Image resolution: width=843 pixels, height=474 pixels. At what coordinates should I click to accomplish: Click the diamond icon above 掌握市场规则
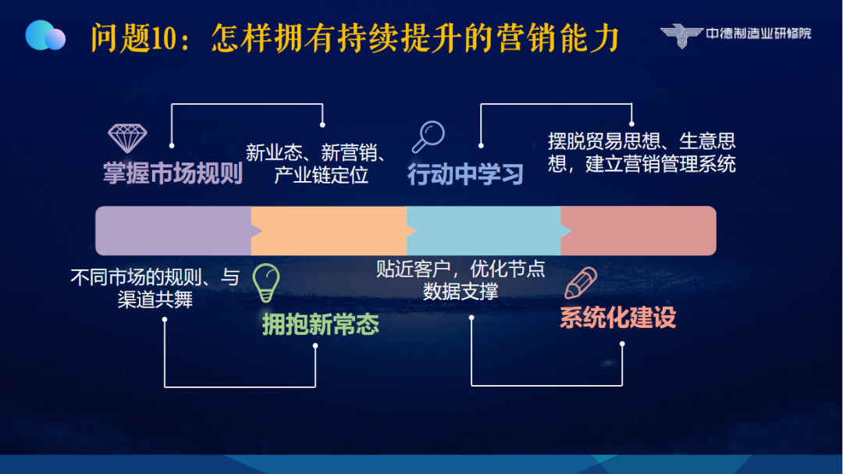coord(127,138)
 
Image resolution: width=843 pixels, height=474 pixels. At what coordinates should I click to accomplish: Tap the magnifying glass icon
coord(429,137)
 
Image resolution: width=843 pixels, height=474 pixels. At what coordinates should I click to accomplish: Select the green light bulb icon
coord(266,283)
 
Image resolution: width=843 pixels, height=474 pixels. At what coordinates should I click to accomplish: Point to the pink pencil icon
coord(581,283)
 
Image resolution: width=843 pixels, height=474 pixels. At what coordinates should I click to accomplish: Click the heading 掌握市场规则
coord(173,173)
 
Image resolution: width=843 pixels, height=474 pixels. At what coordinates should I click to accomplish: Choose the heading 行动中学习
coord(465,174)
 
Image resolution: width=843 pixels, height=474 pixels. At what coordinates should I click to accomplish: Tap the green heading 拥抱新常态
coord(321,324)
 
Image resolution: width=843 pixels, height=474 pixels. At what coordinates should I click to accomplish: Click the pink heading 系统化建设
coord(617,318)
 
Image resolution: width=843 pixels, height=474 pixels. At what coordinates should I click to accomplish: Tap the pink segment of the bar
coord(638,231)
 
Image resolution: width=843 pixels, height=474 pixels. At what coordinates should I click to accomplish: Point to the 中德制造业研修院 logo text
coord(759,34)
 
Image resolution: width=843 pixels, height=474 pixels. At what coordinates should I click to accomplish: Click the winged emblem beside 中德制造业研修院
coord(681,35)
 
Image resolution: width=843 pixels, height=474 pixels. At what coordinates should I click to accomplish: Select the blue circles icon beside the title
coord(45,35)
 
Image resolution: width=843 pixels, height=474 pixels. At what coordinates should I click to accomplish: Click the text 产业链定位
coord(321,176)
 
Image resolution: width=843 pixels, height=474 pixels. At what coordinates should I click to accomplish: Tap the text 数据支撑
coord(461,291)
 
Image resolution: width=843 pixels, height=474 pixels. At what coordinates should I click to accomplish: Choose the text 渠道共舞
coord(155,300)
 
